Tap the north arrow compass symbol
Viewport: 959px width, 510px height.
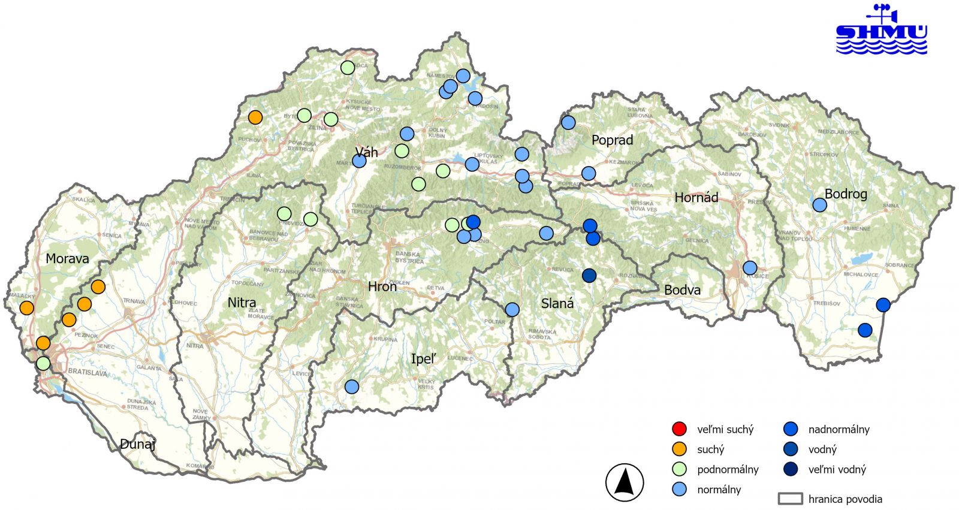coord(625,482)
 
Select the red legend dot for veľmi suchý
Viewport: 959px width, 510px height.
coord(679,429)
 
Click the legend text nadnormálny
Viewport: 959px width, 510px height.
coord(839,429)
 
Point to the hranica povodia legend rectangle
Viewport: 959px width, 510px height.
coord(790,499)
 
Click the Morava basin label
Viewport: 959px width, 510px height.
coord(67,259)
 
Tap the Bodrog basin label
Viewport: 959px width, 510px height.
coord(846,194)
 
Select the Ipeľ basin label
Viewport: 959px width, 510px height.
coord(423,359)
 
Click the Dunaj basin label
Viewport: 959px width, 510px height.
coord(137,444)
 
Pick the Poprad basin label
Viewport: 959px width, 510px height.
coord(612,140)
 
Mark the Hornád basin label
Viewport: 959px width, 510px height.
coord(696,197)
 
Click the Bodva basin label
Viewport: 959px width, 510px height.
coord(682,290)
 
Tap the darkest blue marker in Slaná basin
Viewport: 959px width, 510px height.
coord(589,276)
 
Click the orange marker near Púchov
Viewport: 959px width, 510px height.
coord(255,117)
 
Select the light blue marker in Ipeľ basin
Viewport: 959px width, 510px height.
coord(352,387)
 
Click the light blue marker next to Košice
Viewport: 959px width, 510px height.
coord(750,268)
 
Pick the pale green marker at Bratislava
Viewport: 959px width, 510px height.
coord(43,363)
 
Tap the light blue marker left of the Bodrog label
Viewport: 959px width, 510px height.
coord(819,205)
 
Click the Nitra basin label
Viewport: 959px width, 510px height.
coord(242,303)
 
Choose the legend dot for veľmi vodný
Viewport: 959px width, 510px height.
coord(791,469)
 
